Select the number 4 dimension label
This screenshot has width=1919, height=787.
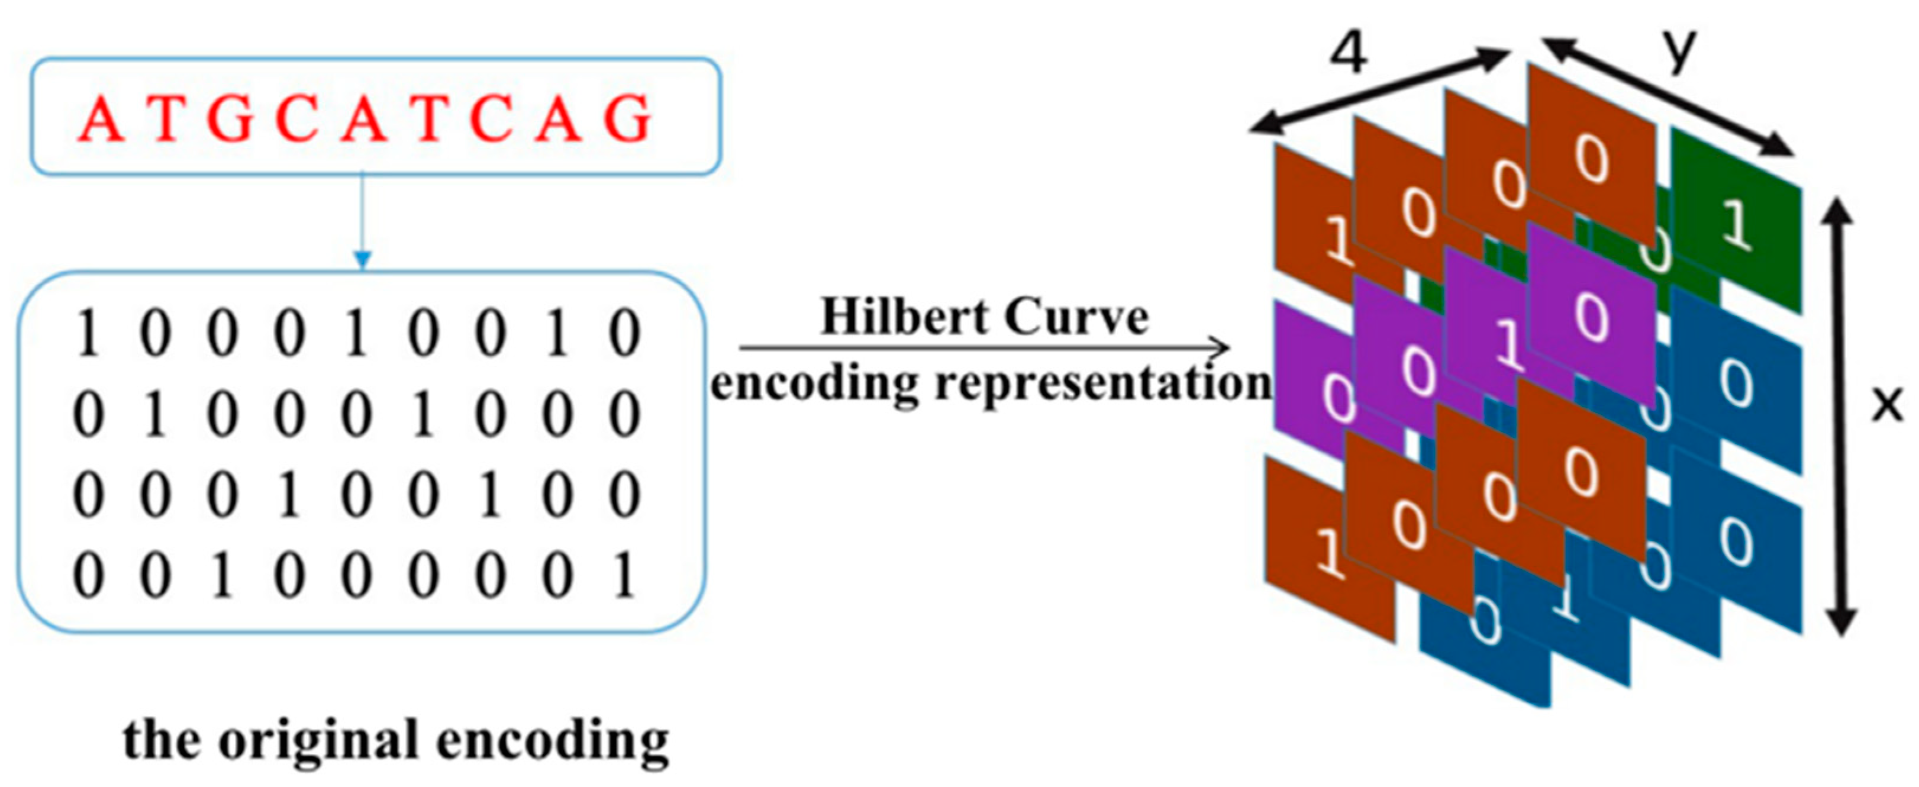click(x=1349, y=54)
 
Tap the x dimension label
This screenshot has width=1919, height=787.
click(x=1886, y=404)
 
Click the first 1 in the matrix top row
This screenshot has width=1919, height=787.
click(x=88, y=334)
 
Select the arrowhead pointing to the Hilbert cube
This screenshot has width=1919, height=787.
click(x=1219, y=347)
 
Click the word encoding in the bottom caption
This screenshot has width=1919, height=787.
click(x=552, y=742)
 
